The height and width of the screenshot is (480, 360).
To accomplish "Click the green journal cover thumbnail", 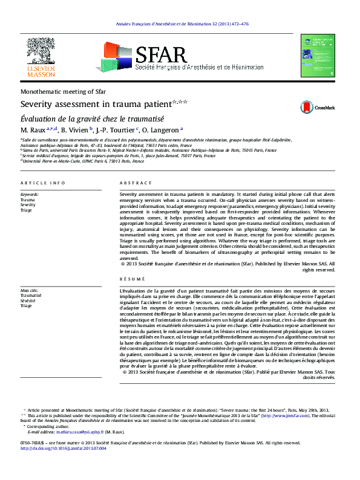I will (318, 56).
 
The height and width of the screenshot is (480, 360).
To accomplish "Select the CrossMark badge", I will (318, 107).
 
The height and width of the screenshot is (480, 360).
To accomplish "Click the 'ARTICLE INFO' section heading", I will (42, 183).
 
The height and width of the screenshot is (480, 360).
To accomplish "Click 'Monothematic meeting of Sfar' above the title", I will (64, 91).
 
